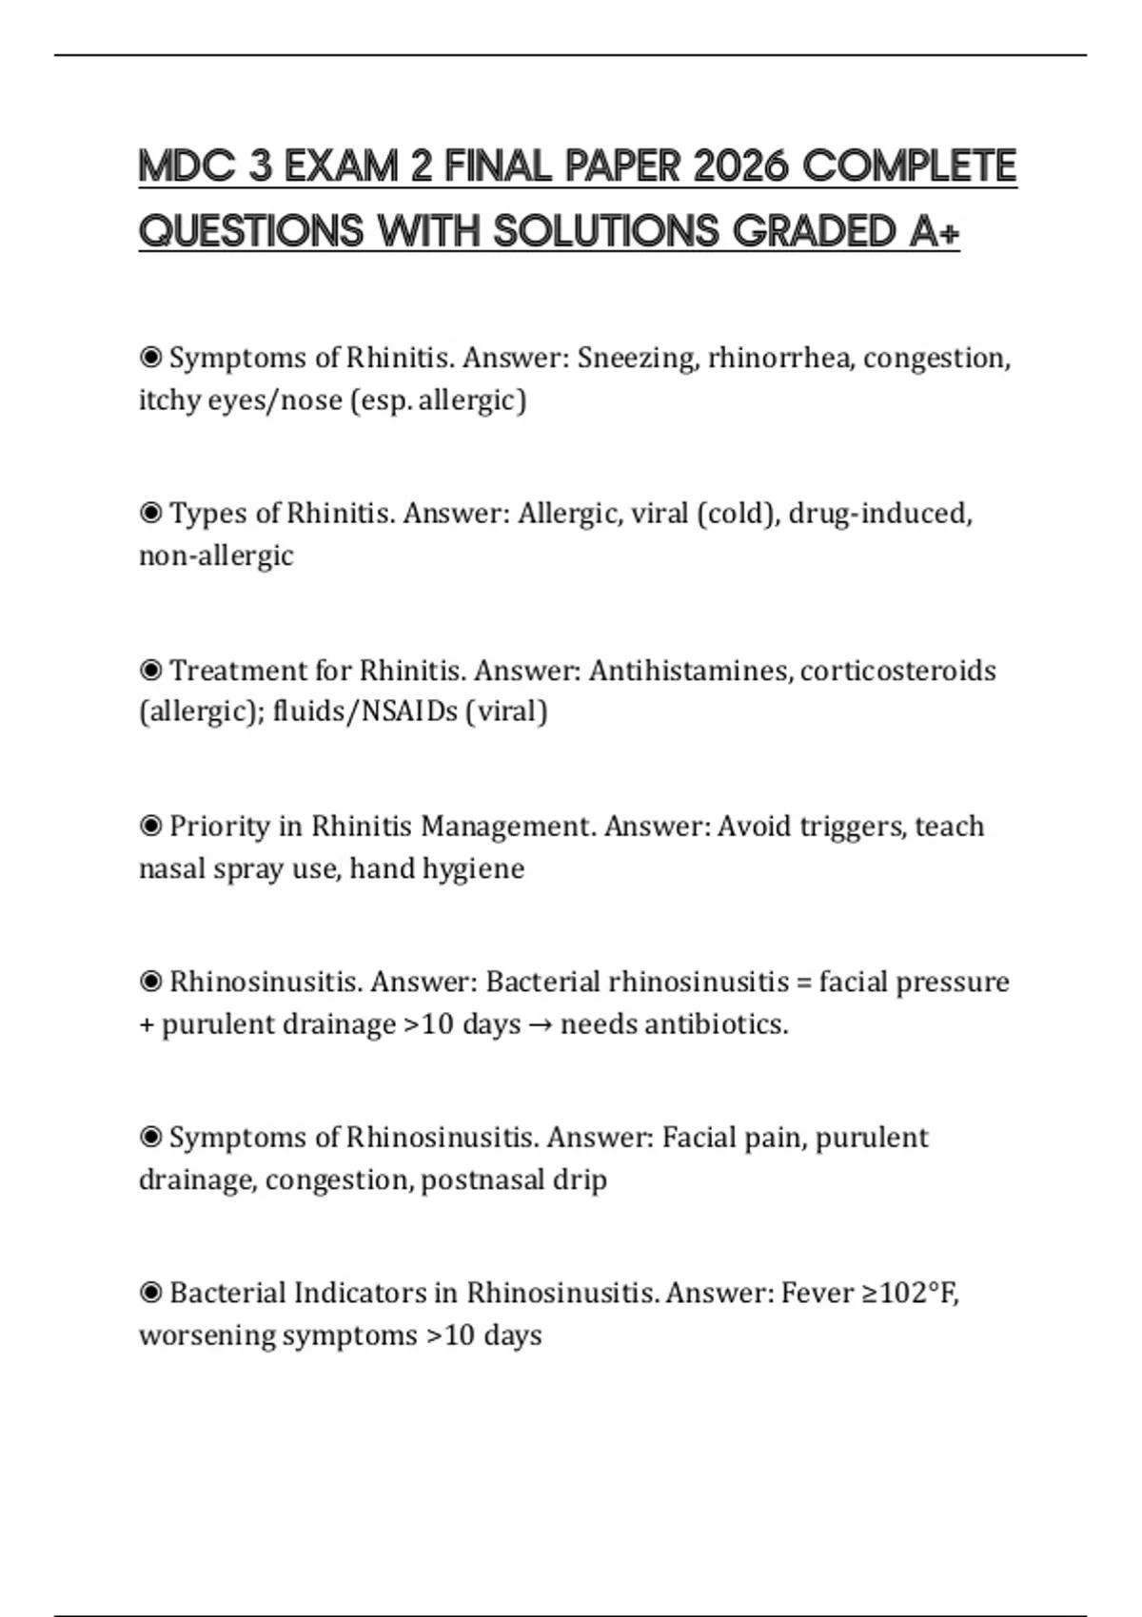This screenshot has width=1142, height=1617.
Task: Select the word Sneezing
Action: coord(637,359)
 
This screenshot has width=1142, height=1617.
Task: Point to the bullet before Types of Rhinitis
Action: coord(150,514)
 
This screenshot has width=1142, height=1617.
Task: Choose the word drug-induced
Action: coord(879,514)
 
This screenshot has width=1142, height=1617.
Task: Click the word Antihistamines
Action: coord(689,671)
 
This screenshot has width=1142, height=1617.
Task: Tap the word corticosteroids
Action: coord(897,671)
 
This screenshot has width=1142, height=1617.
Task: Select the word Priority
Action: coord(220,827)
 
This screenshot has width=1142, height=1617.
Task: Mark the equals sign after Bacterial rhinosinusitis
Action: coord(803,983)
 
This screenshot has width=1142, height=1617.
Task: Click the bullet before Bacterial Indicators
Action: coord(150,1294)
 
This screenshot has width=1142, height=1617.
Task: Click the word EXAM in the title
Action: coord(342,166)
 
